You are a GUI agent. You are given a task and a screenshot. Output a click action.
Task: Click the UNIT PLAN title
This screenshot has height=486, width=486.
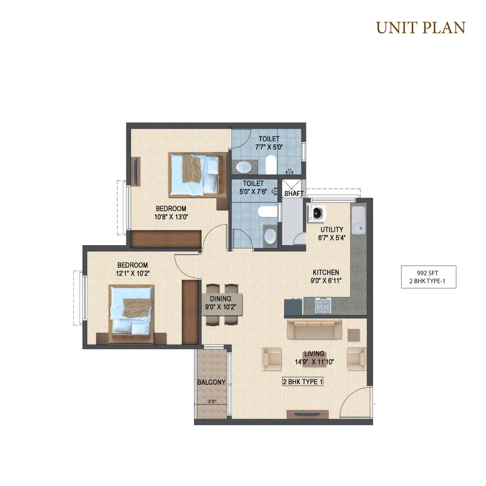421,27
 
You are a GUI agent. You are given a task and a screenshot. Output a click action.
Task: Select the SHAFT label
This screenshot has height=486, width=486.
293,193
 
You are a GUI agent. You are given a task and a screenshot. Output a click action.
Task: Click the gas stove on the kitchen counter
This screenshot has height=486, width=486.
323,306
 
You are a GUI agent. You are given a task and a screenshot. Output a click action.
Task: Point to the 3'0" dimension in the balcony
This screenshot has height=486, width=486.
212,401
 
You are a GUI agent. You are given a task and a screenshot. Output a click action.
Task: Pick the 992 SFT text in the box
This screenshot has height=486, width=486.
427,273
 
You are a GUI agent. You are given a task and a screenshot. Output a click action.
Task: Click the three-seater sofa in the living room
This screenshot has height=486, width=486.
314,329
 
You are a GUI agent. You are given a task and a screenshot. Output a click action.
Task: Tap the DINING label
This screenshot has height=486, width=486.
220,299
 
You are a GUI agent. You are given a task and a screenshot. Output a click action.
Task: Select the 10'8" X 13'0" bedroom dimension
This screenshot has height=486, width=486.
171,217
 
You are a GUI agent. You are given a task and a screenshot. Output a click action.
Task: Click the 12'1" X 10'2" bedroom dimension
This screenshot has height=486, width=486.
133,274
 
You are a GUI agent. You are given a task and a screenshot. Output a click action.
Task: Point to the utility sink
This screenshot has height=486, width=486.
359,220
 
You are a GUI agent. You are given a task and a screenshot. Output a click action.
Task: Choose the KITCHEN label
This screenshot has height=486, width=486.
326,272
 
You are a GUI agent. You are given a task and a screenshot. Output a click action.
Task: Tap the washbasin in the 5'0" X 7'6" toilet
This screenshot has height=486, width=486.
270,236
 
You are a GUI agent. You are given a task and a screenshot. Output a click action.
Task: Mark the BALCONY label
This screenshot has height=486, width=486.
211,382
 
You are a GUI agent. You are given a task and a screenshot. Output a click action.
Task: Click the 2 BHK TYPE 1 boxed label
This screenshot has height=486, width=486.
303,382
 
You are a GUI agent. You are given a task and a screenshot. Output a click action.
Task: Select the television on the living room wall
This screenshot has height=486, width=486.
307,414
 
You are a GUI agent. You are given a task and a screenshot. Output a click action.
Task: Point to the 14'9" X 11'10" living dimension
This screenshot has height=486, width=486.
314,362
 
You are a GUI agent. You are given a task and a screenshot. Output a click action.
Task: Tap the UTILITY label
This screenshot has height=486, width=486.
332,229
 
